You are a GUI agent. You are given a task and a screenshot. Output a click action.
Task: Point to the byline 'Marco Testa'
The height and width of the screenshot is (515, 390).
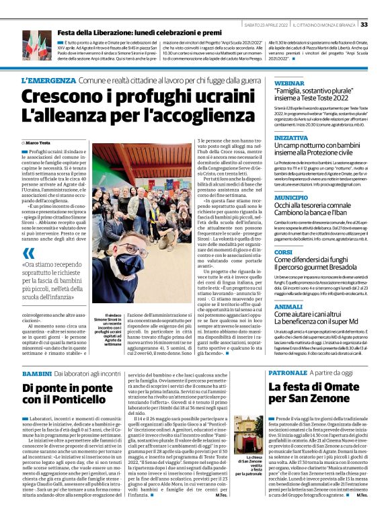coord(40,143)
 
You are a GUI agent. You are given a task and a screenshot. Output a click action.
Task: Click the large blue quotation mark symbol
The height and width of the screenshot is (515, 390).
coord(28,253)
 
